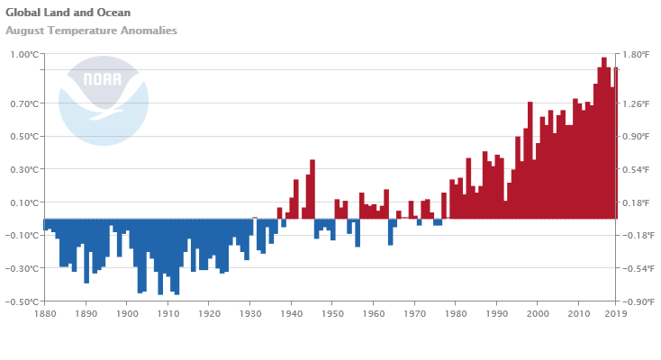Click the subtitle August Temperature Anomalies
coord(91,31)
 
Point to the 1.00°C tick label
coord(24,55)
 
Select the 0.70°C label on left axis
coord(24,104)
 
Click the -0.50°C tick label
coord(23,301)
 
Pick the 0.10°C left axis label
coord(24,202)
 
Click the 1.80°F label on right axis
coord(636,55)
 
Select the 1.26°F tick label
coord(636,104)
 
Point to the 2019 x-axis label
coord(615,314)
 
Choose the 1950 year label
coord(331,314)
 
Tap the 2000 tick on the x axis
coord(538,314)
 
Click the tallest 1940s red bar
coord(312,189)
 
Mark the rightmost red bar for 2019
coord(616,144)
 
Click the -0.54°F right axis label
coord(638,268)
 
